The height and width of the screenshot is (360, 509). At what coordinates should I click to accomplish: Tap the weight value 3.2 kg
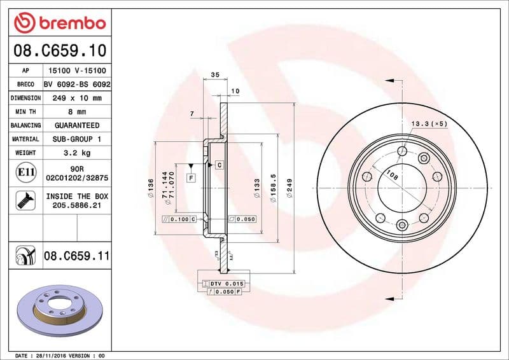[x=77, y=153]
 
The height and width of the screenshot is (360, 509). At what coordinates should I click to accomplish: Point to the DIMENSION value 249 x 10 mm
[x=77, y=98]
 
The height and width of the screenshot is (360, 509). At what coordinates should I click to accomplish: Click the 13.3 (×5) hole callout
[x=429, y=123]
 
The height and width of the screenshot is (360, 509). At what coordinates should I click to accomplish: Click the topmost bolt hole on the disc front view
[x=402, y=151]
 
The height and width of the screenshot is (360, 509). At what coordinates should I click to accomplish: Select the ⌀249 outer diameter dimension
[x=290, y=188]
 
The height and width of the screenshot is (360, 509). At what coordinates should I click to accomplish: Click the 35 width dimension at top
[x=214, y=75]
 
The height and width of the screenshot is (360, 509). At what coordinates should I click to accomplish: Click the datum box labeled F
[x=191, y=178]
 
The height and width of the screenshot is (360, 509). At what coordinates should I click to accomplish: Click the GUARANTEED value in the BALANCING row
[x=77, y=125]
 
